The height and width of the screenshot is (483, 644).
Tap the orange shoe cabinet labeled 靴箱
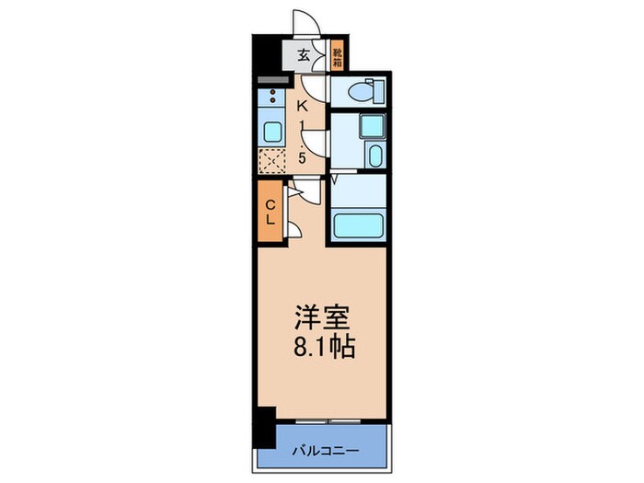coord(337,58)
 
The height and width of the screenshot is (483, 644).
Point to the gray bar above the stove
coord(272,81)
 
